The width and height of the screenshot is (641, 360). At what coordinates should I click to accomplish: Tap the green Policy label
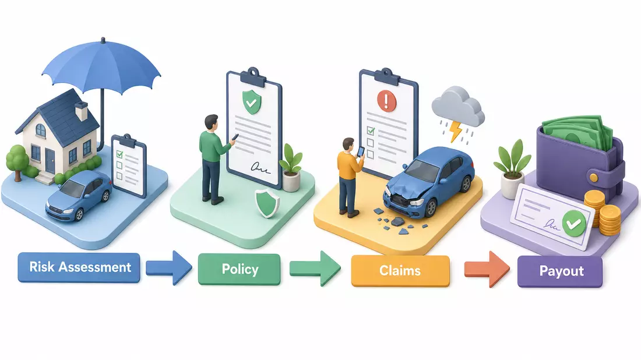[x=240, y=269]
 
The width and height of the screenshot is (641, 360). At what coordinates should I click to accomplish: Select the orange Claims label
[x=400, y=270]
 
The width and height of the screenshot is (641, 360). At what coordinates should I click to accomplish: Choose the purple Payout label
[x=560, y=271]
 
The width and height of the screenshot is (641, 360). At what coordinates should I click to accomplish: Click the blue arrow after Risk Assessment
[x=169, y=267]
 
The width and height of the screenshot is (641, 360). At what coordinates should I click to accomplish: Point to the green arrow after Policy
[x=315, y=269]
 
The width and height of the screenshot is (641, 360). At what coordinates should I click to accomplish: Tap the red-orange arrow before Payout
[x=487, y=269]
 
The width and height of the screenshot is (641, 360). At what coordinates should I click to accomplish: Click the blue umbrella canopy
[x=102, y=65]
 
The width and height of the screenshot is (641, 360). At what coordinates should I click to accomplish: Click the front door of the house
[x=50, y=160]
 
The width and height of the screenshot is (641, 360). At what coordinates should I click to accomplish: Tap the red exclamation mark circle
[x=387, y=100]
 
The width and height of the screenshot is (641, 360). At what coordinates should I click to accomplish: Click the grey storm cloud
[x=458, y=107]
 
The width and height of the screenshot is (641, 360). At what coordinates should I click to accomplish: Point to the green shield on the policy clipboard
[x=251, y=102]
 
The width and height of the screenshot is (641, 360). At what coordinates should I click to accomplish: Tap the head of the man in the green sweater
[x=211, y=122]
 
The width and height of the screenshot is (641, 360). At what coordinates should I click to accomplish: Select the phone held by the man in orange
[x=361, y=151]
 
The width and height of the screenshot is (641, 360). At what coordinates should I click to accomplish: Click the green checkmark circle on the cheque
[x=573, y=223]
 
